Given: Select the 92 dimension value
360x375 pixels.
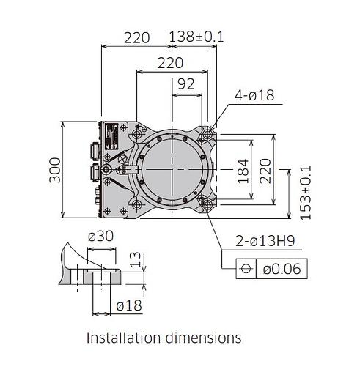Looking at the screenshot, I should pos(186,84).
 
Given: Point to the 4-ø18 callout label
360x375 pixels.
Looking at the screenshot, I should pos(254,95).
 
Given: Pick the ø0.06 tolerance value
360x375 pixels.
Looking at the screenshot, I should pos(281,269).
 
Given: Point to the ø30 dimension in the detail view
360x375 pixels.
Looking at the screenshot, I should pos(100,236).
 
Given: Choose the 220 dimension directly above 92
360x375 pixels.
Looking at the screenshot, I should pos(170,63).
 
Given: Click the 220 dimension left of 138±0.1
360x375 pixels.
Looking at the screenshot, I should pos(136,37).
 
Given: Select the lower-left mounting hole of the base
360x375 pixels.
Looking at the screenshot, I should pos(137,204).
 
